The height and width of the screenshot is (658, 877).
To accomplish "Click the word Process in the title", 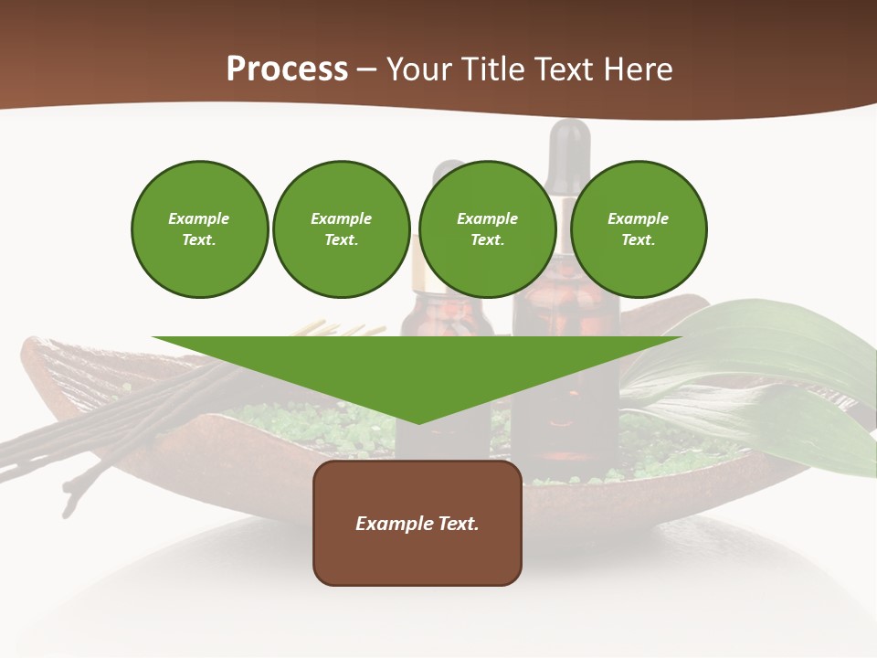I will (287, 69).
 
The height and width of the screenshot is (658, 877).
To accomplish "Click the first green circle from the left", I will (199, 229).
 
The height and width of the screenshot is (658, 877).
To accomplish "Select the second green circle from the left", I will (341, 229).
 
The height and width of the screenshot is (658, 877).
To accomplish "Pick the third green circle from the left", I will (487, 229).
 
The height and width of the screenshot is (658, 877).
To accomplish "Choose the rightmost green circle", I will (638, 229).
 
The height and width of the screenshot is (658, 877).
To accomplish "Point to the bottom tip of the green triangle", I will (418, 421).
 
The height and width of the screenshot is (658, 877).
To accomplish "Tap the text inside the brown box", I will (417, 524).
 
